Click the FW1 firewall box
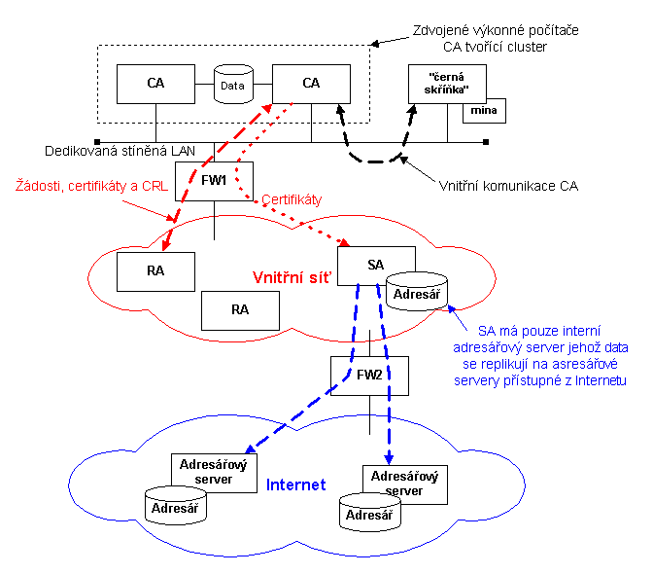[x=214, y=180]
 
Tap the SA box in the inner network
[x=375, y=265]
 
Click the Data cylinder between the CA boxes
[x=232, y=85]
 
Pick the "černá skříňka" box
[x=445, y=84]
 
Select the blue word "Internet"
[x=295, y=484]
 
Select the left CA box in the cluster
[x=155, y=84]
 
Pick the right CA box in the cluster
[x=311, y=84]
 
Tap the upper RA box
[x=155, y=271]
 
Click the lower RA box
[x=240, y=309]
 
